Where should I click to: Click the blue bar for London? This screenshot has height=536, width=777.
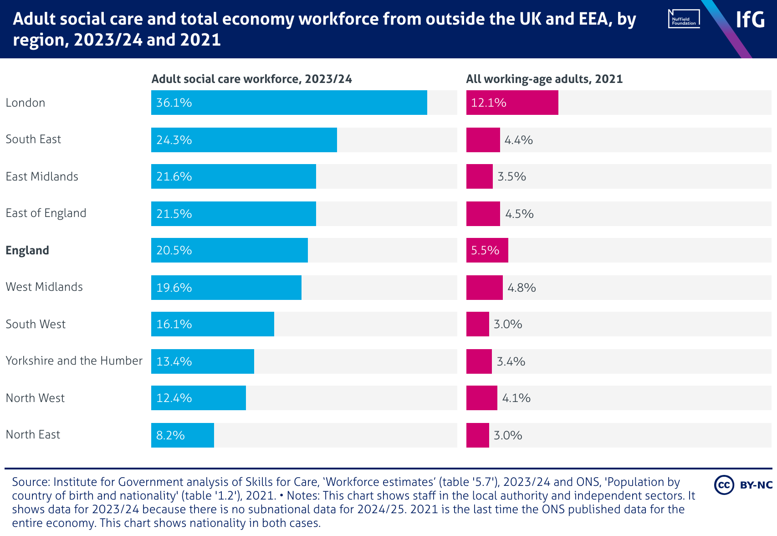tap(289, 103)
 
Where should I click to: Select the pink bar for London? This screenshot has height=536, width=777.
tap(512, 103)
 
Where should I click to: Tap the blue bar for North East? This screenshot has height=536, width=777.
tap(182, 435)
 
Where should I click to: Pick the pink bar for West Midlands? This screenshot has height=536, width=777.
tap(484, 288)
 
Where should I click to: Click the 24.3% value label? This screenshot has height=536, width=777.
tap(174, 140)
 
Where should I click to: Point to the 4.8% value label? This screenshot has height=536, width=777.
tap(521, 288)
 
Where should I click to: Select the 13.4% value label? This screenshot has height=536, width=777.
tap(174, 361)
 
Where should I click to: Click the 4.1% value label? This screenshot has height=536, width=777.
tap(516, 398)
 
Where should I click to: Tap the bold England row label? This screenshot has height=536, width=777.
tap(27, 250)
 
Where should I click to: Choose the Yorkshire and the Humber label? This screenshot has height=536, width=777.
tap(74, 361)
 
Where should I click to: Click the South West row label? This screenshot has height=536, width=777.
tap(36, 324)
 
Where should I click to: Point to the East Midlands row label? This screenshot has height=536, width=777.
tap(42, 176)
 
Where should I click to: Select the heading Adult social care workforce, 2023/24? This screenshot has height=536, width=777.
tap(251, 79)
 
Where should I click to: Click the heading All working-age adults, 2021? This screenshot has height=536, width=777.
tap(544, 79)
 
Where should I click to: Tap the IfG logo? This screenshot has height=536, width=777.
tap(750, 19)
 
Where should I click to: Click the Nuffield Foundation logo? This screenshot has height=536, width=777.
tap(684, 19)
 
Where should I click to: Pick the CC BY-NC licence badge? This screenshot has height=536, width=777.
tap(743, 485)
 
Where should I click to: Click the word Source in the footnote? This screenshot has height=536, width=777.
tap(30, 482)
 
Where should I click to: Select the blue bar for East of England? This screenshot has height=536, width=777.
tap(233, 214)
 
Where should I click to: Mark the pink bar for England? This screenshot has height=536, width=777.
tap(487, 250)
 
